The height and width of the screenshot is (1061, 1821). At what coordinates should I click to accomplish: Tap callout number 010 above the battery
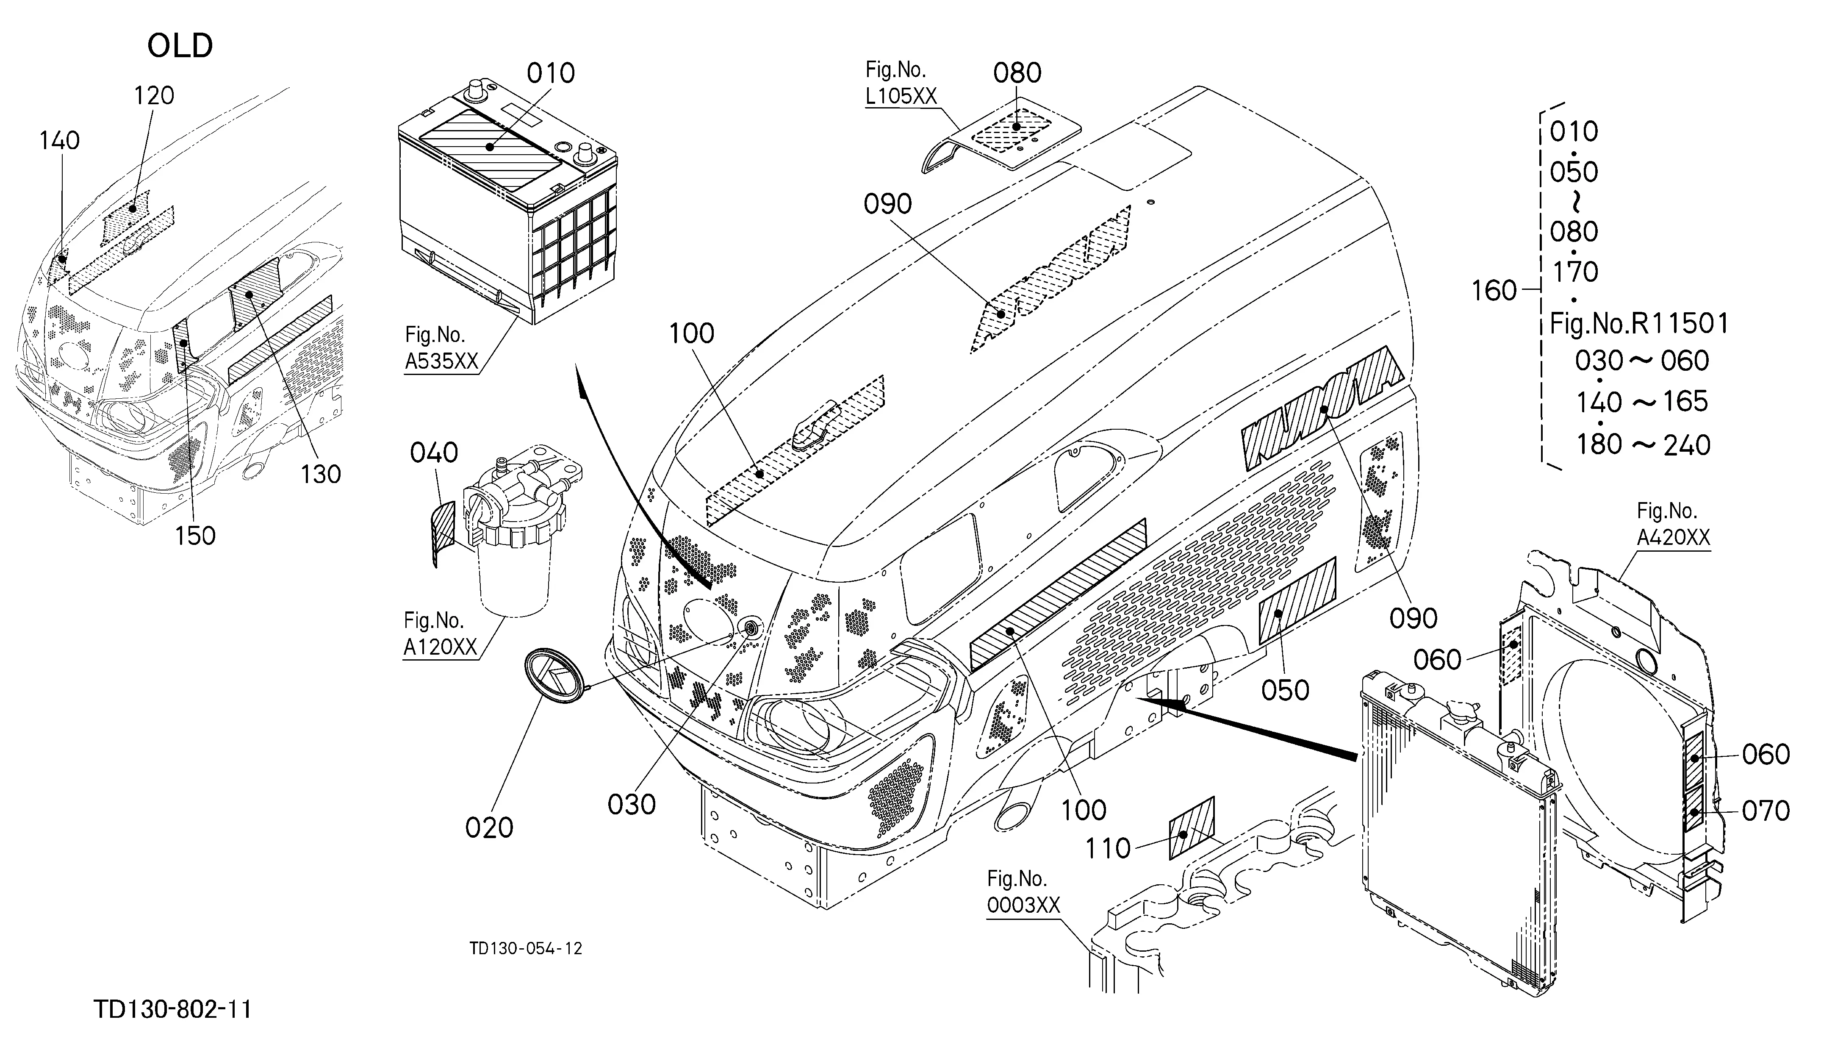click(x=551, y=73)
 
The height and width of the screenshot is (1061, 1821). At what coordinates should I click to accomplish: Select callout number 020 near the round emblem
click(x=489, y=828)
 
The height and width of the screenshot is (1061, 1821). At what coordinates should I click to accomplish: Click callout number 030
click(x=632, y=804)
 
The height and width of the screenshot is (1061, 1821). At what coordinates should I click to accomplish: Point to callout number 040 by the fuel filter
click(x=434, y=453)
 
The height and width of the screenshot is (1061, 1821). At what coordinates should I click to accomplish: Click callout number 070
click(x=1766, y=811)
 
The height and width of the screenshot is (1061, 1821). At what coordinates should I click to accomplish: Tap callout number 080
click(x=1017, y=73)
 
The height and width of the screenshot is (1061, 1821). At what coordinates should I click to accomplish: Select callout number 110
click(x=1108, y=849)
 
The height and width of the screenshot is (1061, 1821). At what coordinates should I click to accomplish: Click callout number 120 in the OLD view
click(x=154, y=95)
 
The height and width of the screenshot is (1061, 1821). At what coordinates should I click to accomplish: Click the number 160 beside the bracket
click(x=1494, y=291)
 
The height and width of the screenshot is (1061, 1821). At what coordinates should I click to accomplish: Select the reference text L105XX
click(x=901, y=96)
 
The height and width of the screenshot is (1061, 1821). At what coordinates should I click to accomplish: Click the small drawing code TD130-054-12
click(x=525, y=948)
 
